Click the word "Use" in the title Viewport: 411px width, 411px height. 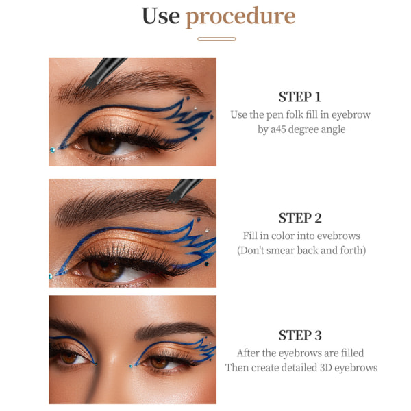pyautogui.click(x=161, y=16)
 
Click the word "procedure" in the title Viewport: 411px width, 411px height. pyautogui.click(x=240, y=17)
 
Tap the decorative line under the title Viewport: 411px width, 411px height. pyautogui.click(x=216, y=39)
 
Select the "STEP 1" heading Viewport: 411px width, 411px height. pyautogui.click(x=300, y=97)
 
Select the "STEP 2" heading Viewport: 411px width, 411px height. pyautogui.click(x=300, y=218)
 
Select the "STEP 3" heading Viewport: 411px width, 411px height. pyautogui.click(x=300, y=335)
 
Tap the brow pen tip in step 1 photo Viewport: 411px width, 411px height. pyautogui.click(x=88, y=84)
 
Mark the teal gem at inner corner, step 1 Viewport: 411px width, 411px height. pyautogui.click(x=53, y=150)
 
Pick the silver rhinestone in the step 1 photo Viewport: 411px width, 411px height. pyautogui.click(x=195, y=108)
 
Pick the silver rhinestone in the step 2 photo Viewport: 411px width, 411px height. pyautogui.click(x=207, y=230)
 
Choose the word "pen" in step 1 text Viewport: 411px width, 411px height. pyautogui.click(x=275, y=115)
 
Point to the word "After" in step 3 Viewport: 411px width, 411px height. pyautogui.click(x=248, y=353)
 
